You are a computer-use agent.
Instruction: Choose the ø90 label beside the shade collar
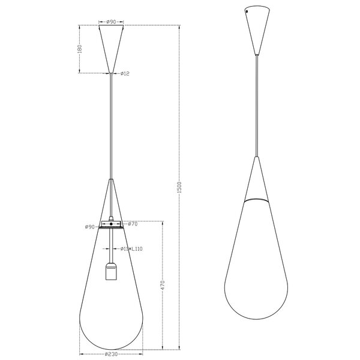(x=89, y=227)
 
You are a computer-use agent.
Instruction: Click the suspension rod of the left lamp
(x=111, y=126)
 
